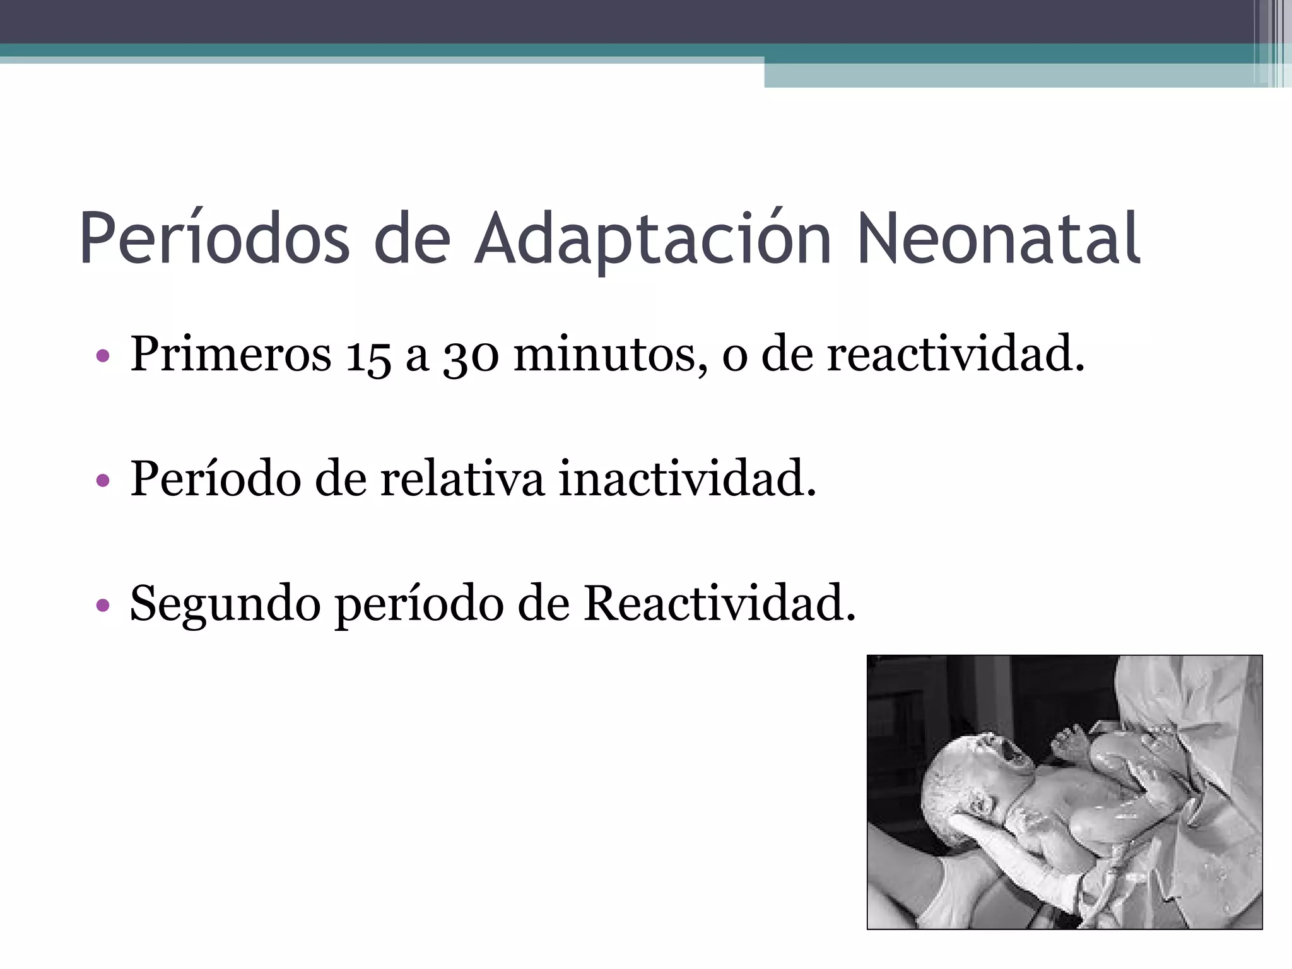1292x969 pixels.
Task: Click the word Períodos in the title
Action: [x=214, y=239]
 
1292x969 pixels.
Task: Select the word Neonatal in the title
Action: [x=999, y=239]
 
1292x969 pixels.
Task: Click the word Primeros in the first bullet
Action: [x=230, y=354]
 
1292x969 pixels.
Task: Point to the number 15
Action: [x=367, y=355]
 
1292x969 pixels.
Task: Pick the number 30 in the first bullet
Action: [x=471, y=355]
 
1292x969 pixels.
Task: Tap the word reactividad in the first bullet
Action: [x=955, y=354]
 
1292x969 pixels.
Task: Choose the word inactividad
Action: [x=687, y=479]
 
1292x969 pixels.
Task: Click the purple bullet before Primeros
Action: [x=103, y=356]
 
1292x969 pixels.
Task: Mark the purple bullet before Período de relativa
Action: [x=103, y=481]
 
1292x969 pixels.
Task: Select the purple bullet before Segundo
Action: [x=103, y=606]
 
